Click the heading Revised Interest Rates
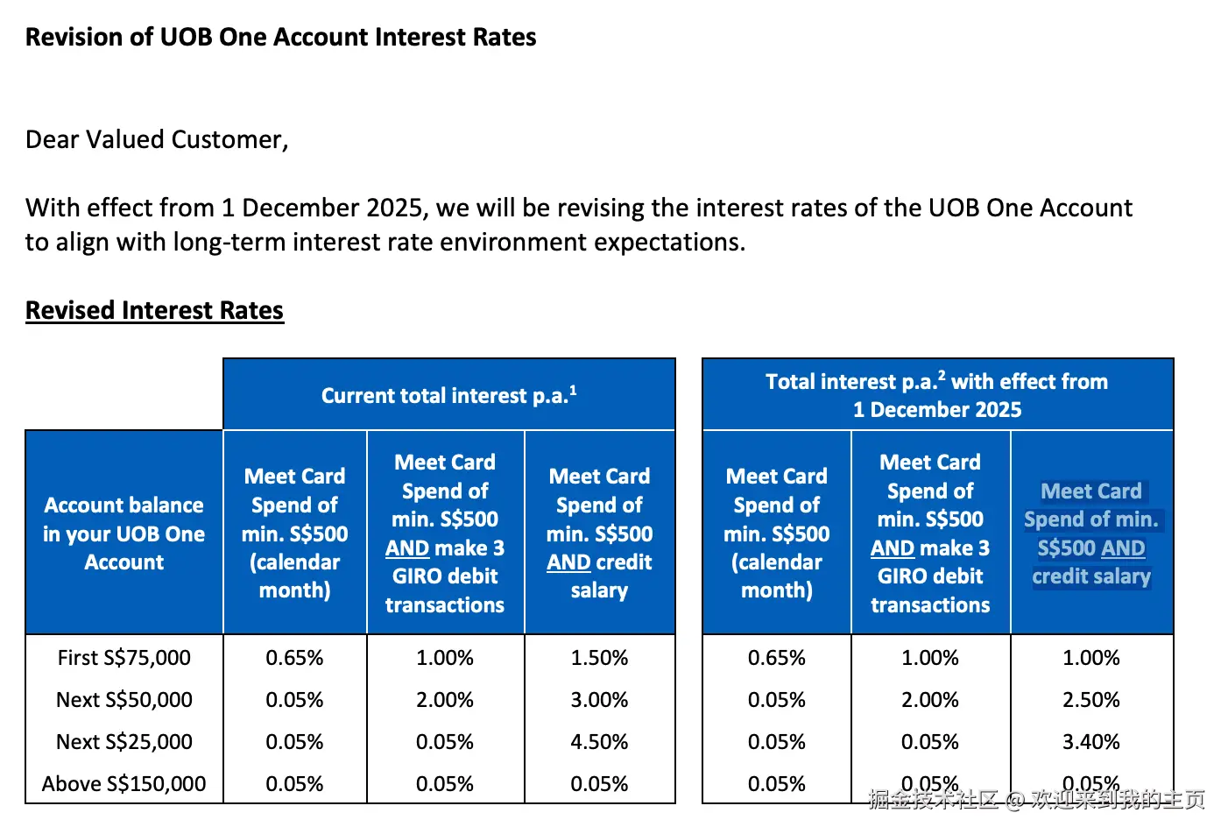point(154,310)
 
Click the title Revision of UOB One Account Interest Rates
point(280,37)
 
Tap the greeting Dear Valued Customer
point(157,139)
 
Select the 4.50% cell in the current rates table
point(599,741)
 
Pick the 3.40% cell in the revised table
point(1090,741)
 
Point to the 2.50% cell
point(1090,699)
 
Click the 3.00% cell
point(599,699)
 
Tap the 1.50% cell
point(599,657)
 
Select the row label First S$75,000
point(124,657)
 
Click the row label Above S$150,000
point(124,783)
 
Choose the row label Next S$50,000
point(124,699)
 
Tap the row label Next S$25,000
point(124,741)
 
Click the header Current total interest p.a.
point(448,395)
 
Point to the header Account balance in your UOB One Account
point(124,533)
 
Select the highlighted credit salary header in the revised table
point(1091,533)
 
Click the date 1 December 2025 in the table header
point(937,409)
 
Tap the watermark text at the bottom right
point(1036,798)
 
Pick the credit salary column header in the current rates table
point(599,533)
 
